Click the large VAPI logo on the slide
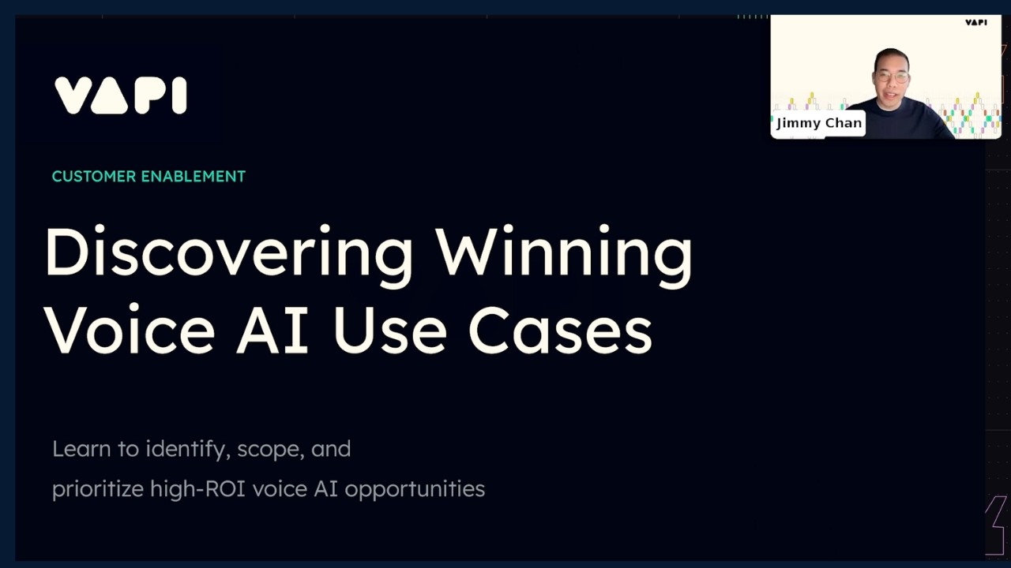click(x=120, y=95)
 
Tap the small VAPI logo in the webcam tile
click(x=976, y=22)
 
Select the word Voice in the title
click(x=129, y=329)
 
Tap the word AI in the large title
click(x=271, y=329)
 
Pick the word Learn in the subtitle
click(x=81, y=449)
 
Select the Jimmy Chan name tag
click(x=818, y=123)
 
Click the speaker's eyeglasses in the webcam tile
click(x=892, y=77)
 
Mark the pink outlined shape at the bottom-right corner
click(x=997, y=525)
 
